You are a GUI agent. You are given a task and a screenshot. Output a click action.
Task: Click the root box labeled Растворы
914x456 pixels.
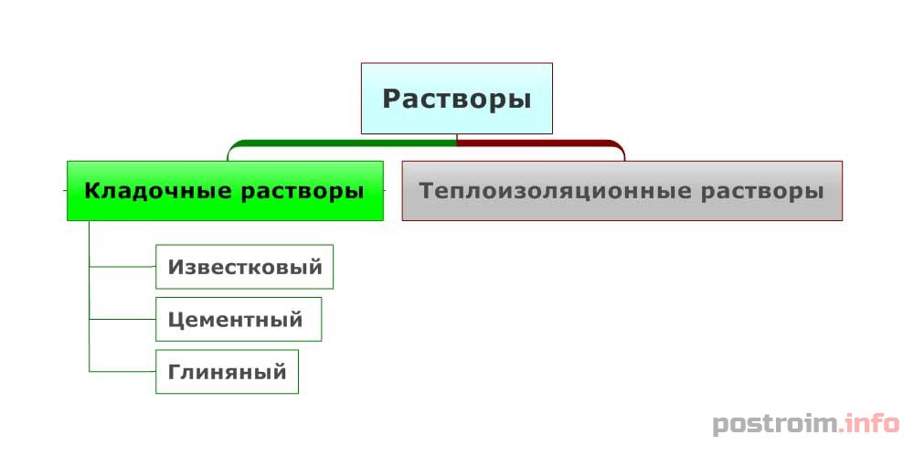(x=456, y=99)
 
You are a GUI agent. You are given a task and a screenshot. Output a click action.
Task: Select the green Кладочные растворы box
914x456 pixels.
(x=225, y=191)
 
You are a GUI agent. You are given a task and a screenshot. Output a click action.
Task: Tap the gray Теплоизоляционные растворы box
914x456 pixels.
(x=622, y=191)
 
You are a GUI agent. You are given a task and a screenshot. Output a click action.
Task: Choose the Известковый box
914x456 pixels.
(x=244, y=267)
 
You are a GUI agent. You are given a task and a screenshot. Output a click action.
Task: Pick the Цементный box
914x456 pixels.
(x=239, y=319)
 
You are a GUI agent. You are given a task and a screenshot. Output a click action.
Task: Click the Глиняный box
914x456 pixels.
(x=227, y=371)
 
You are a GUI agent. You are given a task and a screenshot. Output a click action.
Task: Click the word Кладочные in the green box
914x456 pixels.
(x=157, y=191)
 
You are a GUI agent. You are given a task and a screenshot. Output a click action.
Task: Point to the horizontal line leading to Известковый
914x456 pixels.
(x=122, y=267)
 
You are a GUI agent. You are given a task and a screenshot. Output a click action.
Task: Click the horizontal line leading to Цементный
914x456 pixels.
(x=122, y=319)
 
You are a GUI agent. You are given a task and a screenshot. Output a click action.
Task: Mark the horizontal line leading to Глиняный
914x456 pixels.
(x=122, y=371)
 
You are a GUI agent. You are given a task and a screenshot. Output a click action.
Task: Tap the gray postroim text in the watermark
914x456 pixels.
(x=775, y=424)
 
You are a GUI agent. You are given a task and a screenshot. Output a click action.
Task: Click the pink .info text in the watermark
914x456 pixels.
(x=868, y=422)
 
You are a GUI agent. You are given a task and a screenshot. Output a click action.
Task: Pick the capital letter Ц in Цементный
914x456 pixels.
(x=176, y=320)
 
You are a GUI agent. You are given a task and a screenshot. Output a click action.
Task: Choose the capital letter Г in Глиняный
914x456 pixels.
(x=175, y=371)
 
